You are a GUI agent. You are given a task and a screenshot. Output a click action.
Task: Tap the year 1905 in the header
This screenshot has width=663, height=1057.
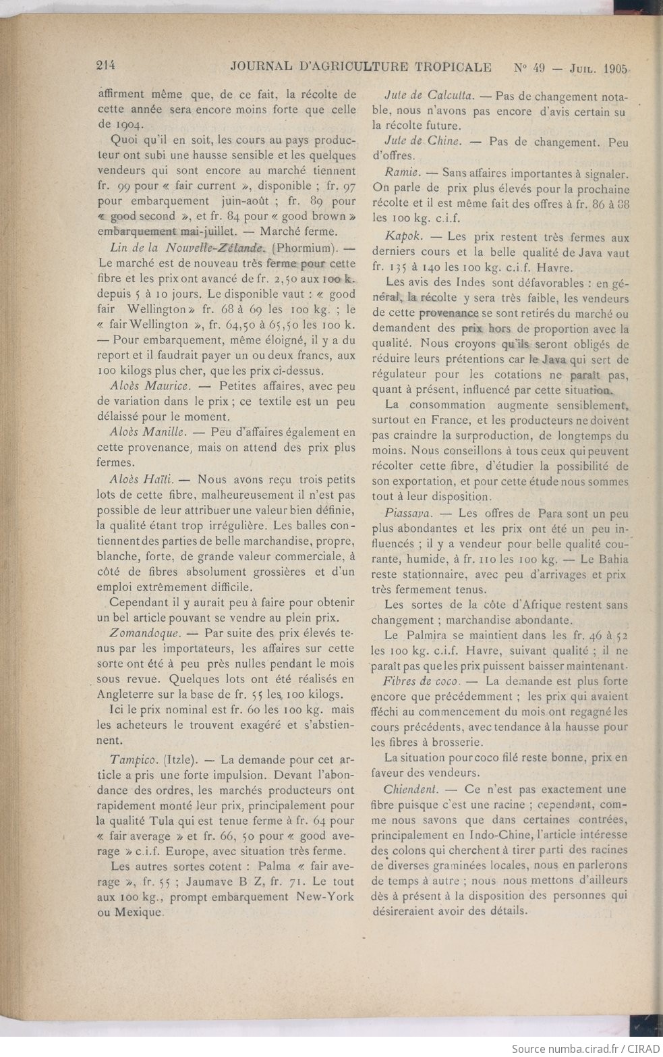(616, 68)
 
